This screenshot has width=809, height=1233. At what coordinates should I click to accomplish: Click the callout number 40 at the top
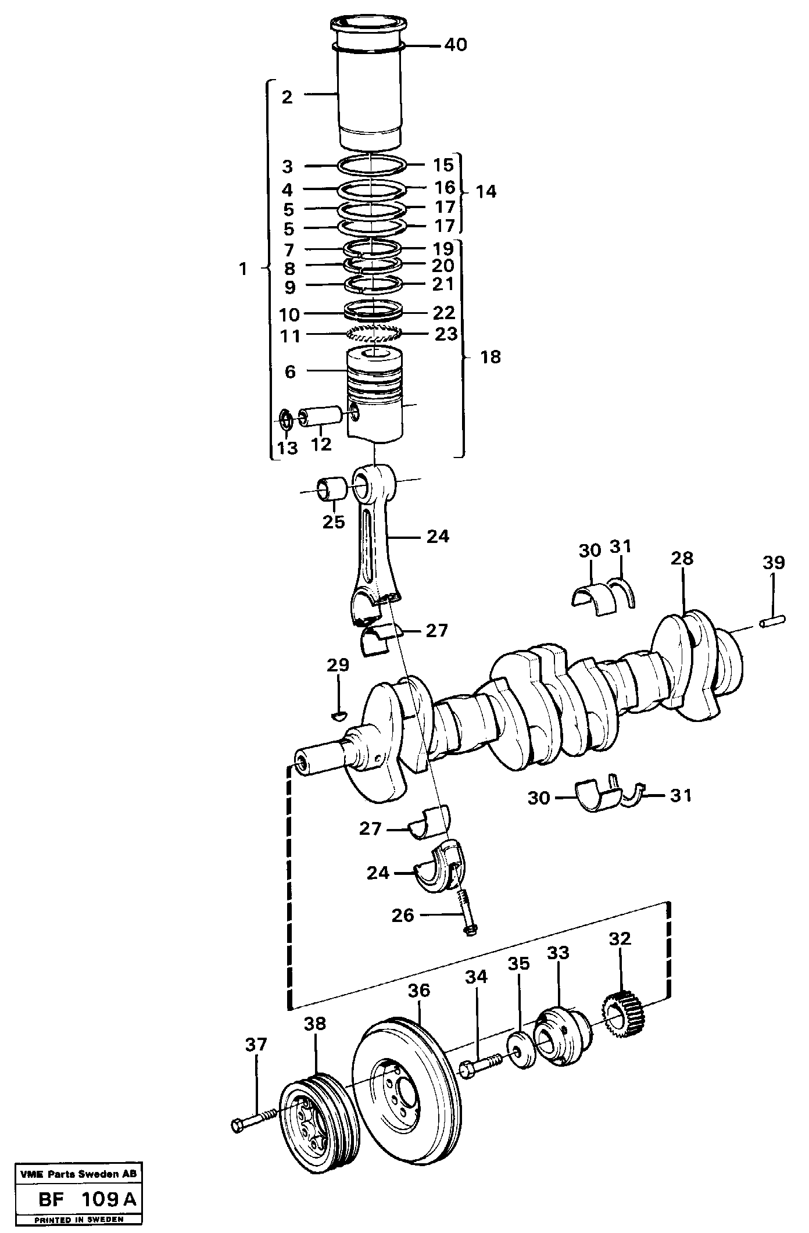456,45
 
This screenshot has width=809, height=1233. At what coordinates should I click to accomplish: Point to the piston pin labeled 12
320,416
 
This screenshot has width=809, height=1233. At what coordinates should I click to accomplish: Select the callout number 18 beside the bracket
491,356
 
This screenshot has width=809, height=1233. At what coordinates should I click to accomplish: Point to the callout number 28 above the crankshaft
682,558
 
